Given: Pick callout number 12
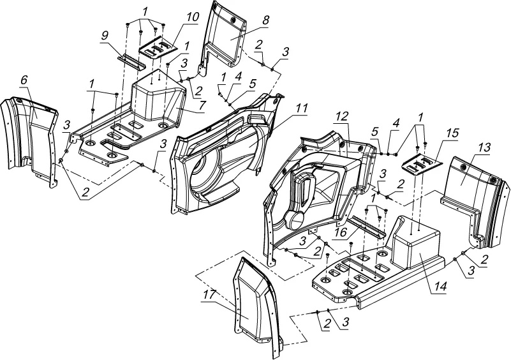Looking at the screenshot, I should [342, 116].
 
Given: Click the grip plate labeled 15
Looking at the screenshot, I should [422, 165].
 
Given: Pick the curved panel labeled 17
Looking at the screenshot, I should [252, 306].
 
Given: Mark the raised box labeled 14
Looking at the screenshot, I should [415, 246].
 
